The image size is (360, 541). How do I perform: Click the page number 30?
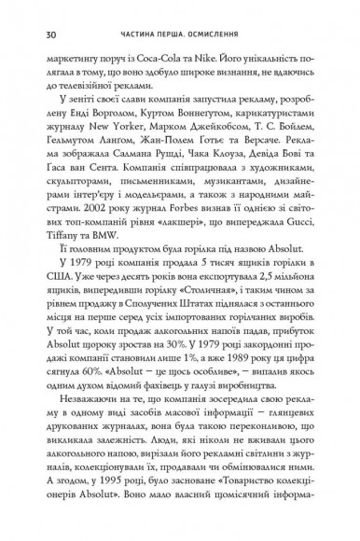36,35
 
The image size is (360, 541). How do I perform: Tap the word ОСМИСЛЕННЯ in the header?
223,35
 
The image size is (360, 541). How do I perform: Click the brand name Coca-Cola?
187,68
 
